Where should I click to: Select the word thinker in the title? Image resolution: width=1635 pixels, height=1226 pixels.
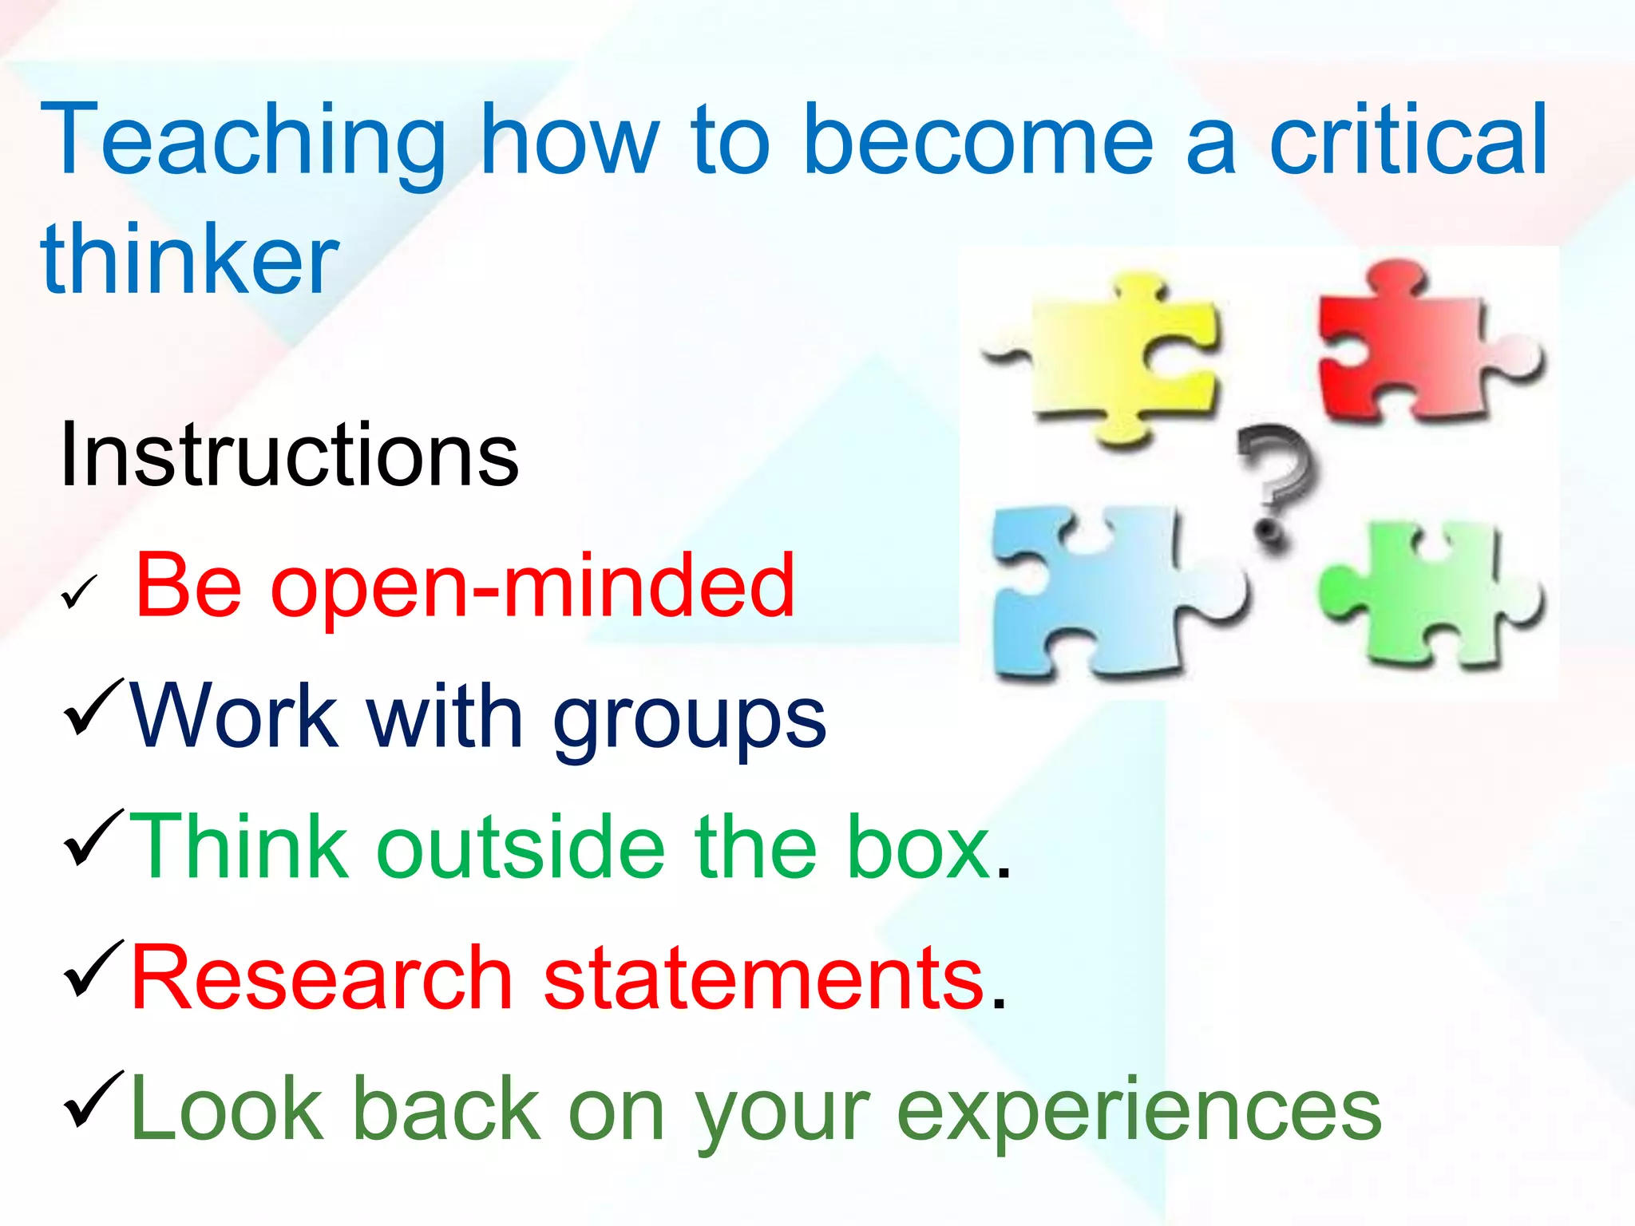(190, 260)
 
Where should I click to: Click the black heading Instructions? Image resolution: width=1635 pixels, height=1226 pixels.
(289, 455)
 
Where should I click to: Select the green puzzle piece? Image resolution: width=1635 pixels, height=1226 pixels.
(1429, 595)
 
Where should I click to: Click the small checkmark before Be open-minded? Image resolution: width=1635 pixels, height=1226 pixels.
(79, 592)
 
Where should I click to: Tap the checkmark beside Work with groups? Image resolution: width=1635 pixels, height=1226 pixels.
(94, 707)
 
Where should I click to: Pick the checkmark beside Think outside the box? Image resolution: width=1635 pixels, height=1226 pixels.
(94, 838)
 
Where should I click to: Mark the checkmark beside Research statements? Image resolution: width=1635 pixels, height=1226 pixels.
(94, 969)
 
